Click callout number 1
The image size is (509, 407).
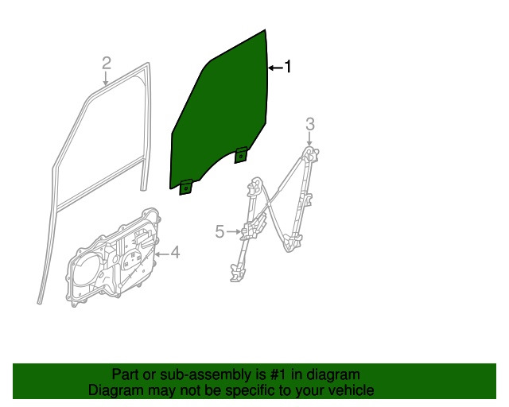[288, 68]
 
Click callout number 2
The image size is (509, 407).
[107, 63]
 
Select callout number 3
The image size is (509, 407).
[310, 123]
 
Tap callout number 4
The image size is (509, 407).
[174, 253]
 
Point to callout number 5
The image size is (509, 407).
[220, 231]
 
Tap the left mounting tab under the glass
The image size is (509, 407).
[186, 188]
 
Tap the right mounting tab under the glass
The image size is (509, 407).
[241, 157]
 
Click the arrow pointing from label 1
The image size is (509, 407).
[274, 68]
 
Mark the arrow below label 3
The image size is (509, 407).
[310, 139]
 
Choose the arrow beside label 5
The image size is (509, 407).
[234, 231]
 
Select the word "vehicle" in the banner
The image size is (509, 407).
[350, 390]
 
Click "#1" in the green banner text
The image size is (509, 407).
[278, 374]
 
